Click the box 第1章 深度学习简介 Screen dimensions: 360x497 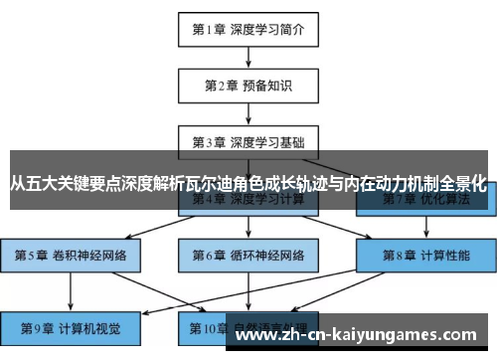point(248,29)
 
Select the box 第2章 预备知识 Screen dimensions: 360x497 point(248,86)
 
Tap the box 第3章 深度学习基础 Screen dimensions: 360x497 point(248,141)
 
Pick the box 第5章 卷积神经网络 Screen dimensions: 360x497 point(71,256)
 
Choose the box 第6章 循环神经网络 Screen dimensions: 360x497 point(248,256)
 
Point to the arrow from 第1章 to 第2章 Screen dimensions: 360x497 point(248,58)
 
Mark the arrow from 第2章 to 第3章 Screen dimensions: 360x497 point(248,113)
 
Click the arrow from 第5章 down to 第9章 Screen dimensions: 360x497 point(71,290)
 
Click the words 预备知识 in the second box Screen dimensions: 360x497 point(270,86)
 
